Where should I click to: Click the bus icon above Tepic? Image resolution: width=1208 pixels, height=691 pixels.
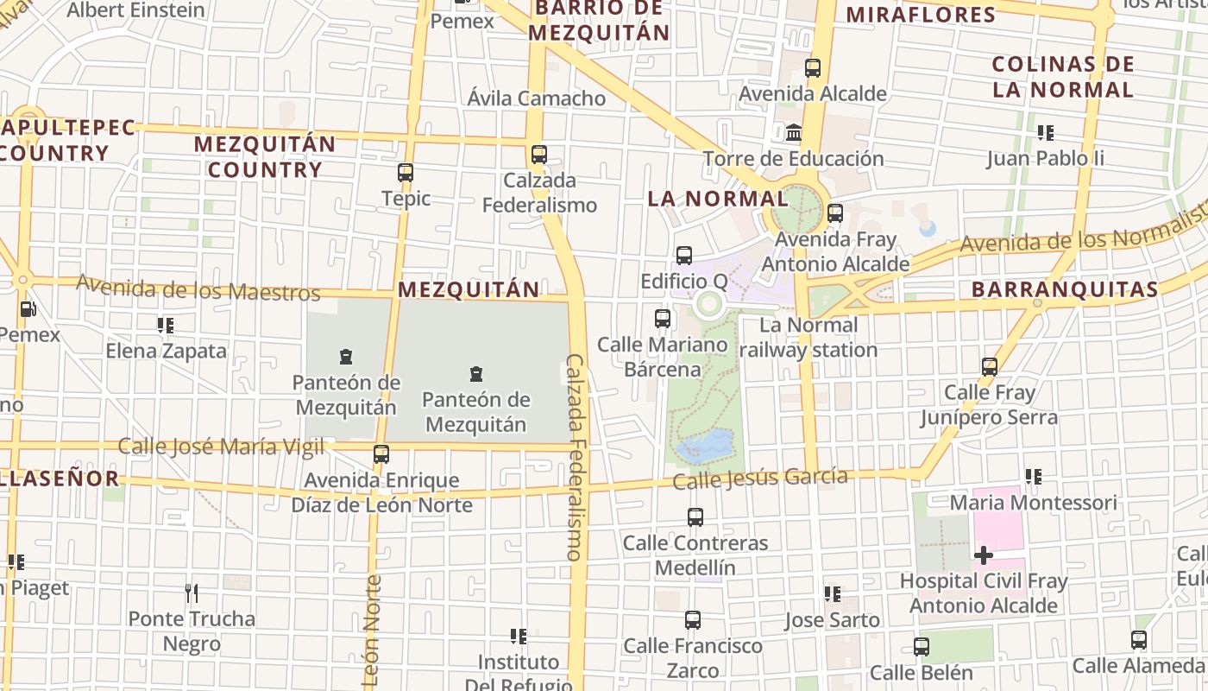point(406,173)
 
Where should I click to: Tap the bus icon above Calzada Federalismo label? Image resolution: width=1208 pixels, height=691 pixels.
point(539,155)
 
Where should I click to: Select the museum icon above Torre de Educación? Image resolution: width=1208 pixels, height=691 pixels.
point(793,133)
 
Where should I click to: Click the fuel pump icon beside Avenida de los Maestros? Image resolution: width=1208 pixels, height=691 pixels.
point(28,309)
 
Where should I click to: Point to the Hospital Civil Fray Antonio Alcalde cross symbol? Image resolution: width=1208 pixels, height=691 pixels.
point(983,555)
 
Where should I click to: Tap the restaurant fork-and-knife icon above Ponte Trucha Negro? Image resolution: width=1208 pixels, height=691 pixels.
point(192,593)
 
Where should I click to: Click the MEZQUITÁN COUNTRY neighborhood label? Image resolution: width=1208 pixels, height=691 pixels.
point(264,156)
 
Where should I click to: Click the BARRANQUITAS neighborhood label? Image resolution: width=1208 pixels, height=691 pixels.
point(1064,289)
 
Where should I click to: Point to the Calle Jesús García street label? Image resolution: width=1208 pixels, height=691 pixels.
point(760,479)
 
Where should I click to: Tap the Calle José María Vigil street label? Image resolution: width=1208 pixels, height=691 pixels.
point(221,447)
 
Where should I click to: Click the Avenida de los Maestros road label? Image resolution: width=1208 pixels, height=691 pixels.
point(198,287)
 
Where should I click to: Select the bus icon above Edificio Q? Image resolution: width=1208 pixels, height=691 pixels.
point(684,256)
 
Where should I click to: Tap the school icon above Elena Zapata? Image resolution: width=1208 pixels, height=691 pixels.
point(166,326)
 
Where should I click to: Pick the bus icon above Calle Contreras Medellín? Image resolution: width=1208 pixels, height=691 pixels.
point(695,517)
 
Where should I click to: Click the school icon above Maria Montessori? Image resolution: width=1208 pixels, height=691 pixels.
point(1033,477)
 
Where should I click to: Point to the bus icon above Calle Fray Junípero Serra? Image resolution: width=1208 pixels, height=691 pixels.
point(990,367)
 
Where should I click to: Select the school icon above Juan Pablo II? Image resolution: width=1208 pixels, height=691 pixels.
point(1046,133)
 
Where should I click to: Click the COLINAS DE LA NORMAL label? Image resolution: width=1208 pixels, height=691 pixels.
point(1062,77)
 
